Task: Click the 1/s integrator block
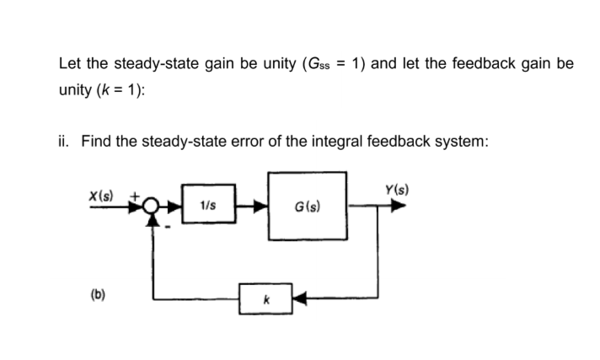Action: pyautogui.click(x=206, y=205)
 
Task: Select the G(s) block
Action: pyautogui.click(x=307, y=205)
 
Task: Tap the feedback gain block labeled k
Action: pyautogui.click(x=265, y=298)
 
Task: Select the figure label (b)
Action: pyautogui.click(x=99, y=297)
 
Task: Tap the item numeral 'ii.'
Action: pyautogui.click(x=65, y=141)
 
